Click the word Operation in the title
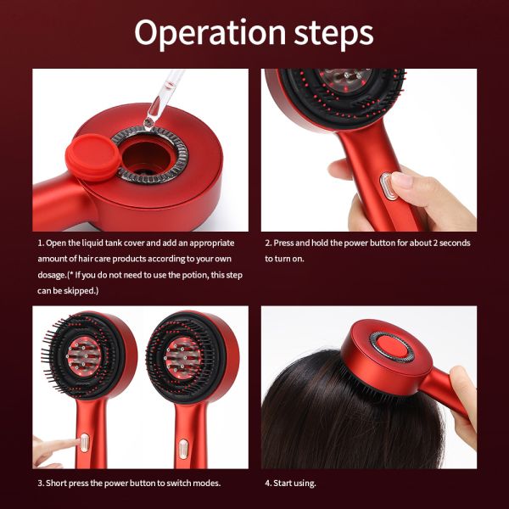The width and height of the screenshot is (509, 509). (x=198, y=33)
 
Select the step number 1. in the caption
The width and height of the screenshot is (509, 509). (x=40, y=243)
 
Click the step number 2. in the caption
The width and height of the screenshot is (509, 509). (x=268, y=243)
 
